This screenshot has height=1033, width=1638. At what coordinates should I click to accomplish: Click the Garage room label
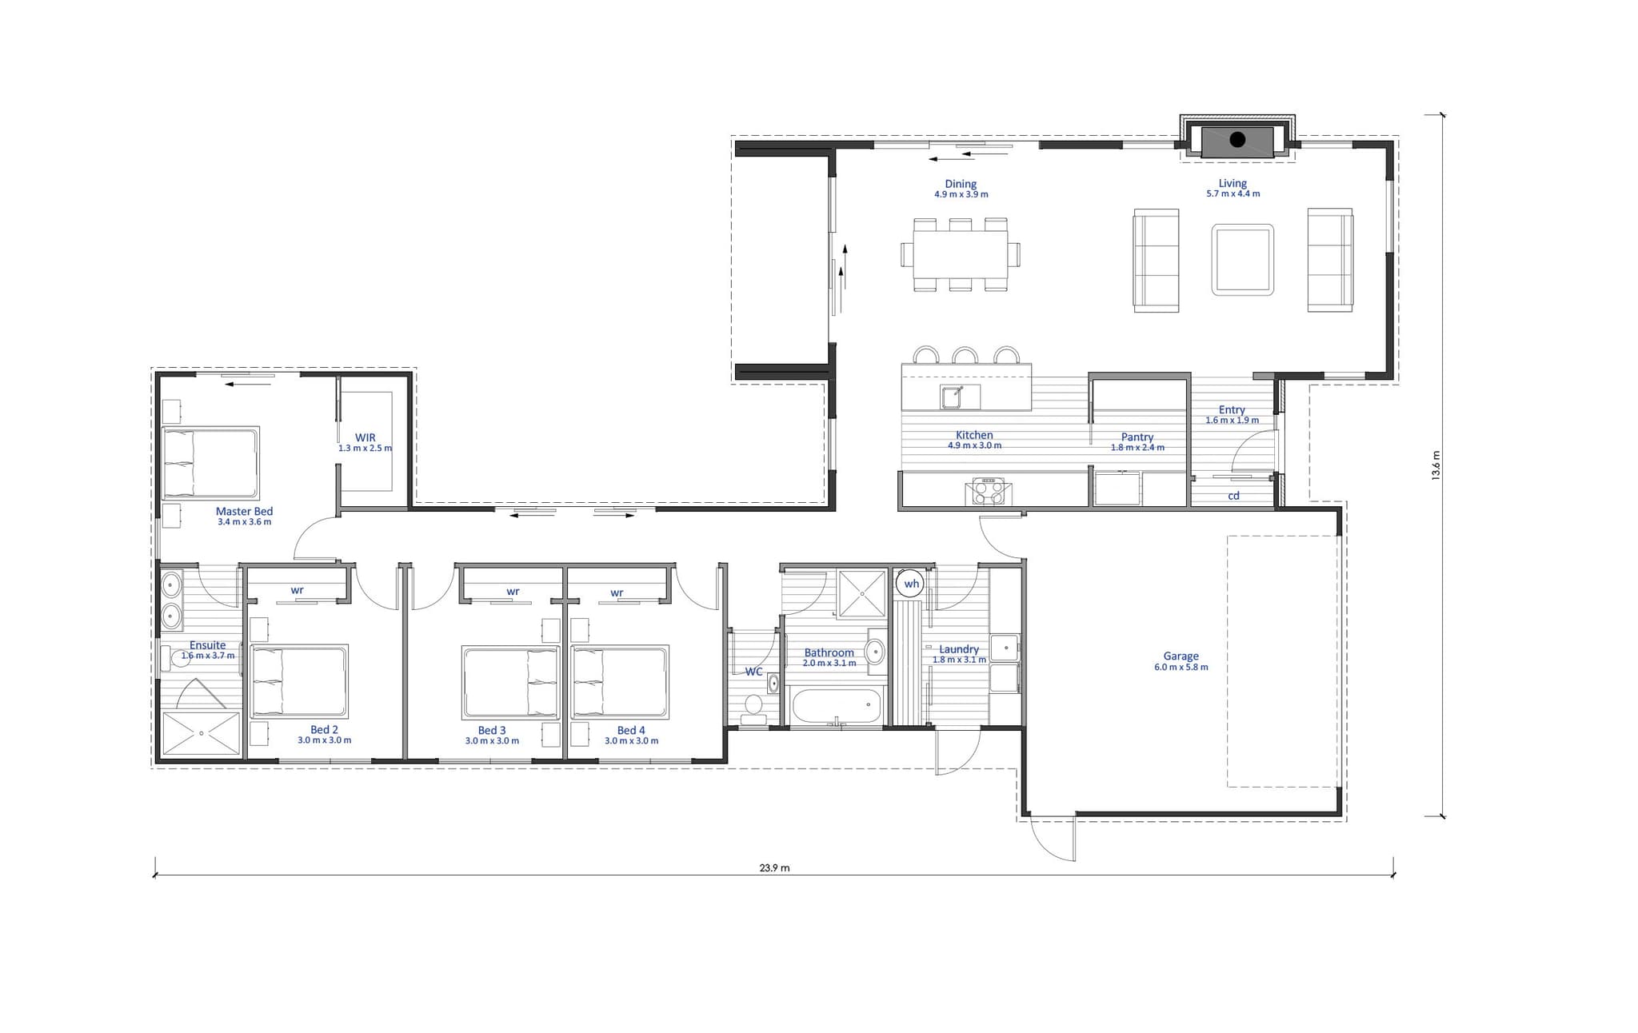click(1181, 656)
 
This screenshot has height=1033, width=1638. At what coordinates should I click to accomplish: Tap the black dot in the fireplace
click(1237, 140)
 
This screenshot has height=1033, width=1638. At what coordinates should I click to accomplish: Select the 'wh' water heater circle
click(911, 584)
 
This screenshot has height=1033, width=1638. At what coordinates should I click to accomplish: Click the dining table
click(961, 254)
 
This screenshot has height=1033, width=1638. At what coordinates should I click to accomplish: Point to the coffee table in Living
click(1242, 260)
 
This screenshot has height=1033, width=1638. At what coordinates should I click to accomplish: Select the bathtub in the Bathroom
click(837, 707)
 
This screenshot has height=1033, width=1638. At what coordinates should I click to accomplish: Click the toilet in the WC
click(753, 707)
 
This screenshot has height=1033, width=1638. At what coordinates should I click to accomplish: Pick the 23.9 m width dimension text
click(774, 867)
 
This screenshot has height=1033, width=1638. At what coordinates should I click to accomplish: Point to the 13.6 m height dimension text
click(1436, 465)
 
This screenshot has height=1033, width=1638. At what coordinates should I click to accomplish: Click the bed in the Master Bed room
click(211, 463)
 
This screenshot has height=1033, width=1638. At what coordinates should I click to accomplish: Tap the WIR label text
click(366, 437)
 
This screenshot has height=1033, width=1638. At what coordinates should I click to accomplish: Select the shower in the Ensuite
click(202, 733)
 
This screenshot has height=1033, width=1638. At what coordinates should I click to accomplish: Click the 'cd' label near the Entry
click(1233, 496)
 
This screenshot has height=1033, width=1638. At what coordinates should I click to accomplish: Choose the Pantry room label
click(1137, 437)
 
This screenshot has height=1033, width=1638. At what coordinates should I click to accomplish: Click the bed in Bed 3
click(510, 682)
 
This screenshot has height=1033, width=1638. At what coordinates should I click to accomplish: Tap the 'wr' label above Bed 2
click(297, 590)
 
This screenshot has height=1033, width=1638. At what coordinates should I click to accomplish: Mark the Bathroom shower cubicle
click(861, 593)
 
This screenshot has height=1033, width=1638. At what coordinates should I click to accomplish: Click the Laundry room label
click(959, 649)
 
